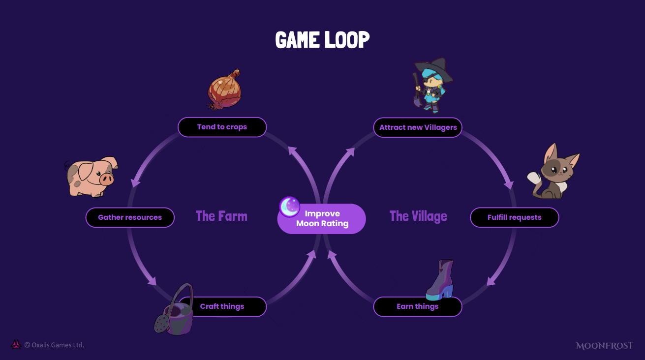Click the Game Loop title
pyautogui.click(x=322, y=40)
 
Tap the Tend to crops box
pyautogui.click(x=222, y=127)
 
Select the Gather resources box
pyautogui.click(x=130, y=217)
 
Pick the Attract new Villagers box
pyautogui.click(x=418, y=127)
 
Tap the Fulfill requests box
pyautogui.click(x=514, y=217)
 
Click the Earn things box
pyautogui.click(x=417, y=307)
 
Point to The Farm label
pyautogui.click(x=221, y=216)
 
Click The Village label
pyautogui.click(x=418, y=216)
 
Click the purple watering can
pyautogui.click(x=174, y=312)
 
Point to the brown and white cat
pyautogui.click(x=553, y=172)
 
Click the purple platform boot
pyautogui.click(x=441, y=280)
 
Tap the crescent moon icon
pyautogui.click(x=289, y=207)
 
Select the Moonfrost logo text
pyautogui.click(x=604, y=346)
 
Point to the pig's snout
pyautogui.click(x=107, y=179)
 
